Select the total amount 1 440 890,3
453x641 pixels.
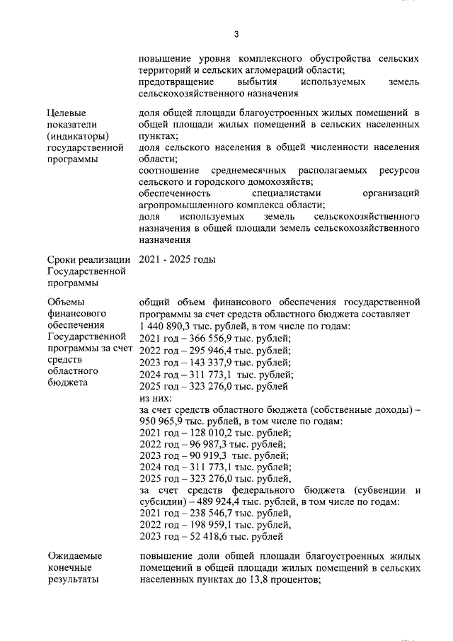pos(171,326)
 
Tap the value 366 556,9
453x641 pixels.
pos(214,339)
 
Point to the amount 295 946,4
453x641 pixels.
pos(214,351)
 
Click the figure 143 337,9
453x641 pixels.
pos(214,363)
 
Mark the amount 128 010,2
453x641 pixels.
pos(214,433)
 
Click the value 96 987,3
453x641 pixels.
pos(212,445)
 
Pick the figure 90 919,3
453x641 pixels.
pos(212,456)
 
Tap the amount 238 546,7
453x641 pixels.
pos(214,514)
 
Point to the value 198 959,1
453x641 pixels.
pos(214,525)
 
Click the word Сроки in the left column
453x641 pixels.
pos(62,260)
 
